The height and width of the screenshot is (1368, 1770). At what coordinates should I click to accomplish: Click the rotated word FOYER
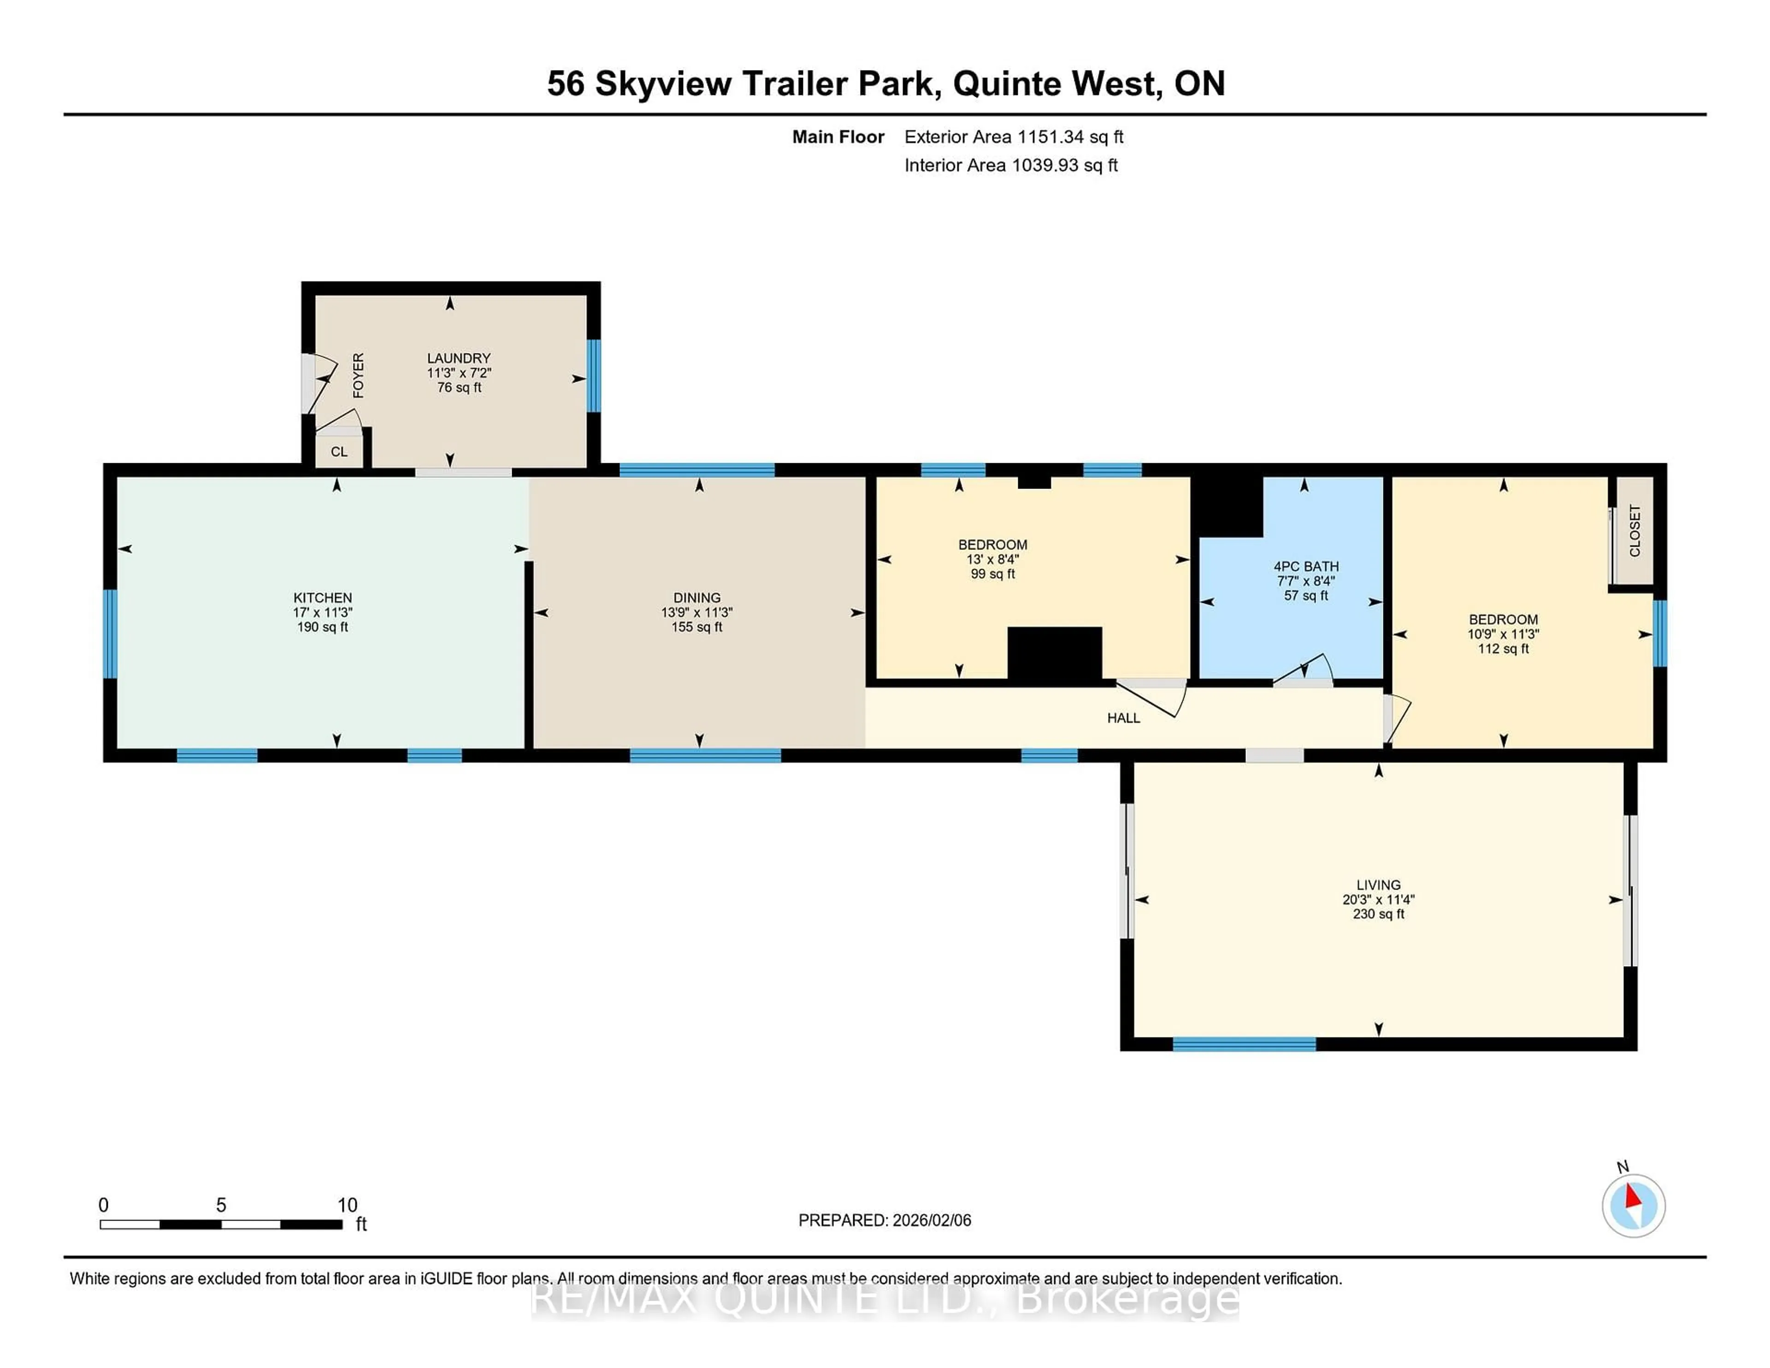coord(358,375)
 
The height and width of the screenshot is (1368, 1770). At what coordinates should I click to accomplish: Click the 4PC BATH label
coord(1306,566)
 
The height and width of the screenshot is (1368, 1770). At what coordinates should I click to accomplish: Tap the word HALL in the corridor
coord(1123,718)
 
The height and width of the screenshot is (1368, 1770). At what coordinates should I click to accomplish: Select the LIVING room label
coord(1378,885)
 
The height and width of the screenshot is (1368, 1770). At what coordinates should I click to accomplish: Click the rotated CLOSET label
coord(1634,531)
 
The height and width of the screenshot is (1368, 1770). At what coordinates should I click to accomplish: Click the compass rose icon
coord(1633,1205)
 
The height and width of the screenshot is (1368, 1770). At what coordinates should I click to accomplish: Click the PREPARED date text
coord(884,1221)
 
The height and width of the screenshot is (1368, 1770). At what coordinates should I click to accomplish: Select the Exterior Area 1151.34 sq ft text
coord(1013,137)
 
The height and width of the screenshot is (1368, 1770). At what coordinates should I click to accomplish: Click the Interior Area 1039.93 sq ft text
coord(1011,165)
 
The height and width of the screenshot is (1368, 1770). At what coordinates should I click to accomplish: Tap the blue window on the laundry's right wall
coord(594,375)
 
